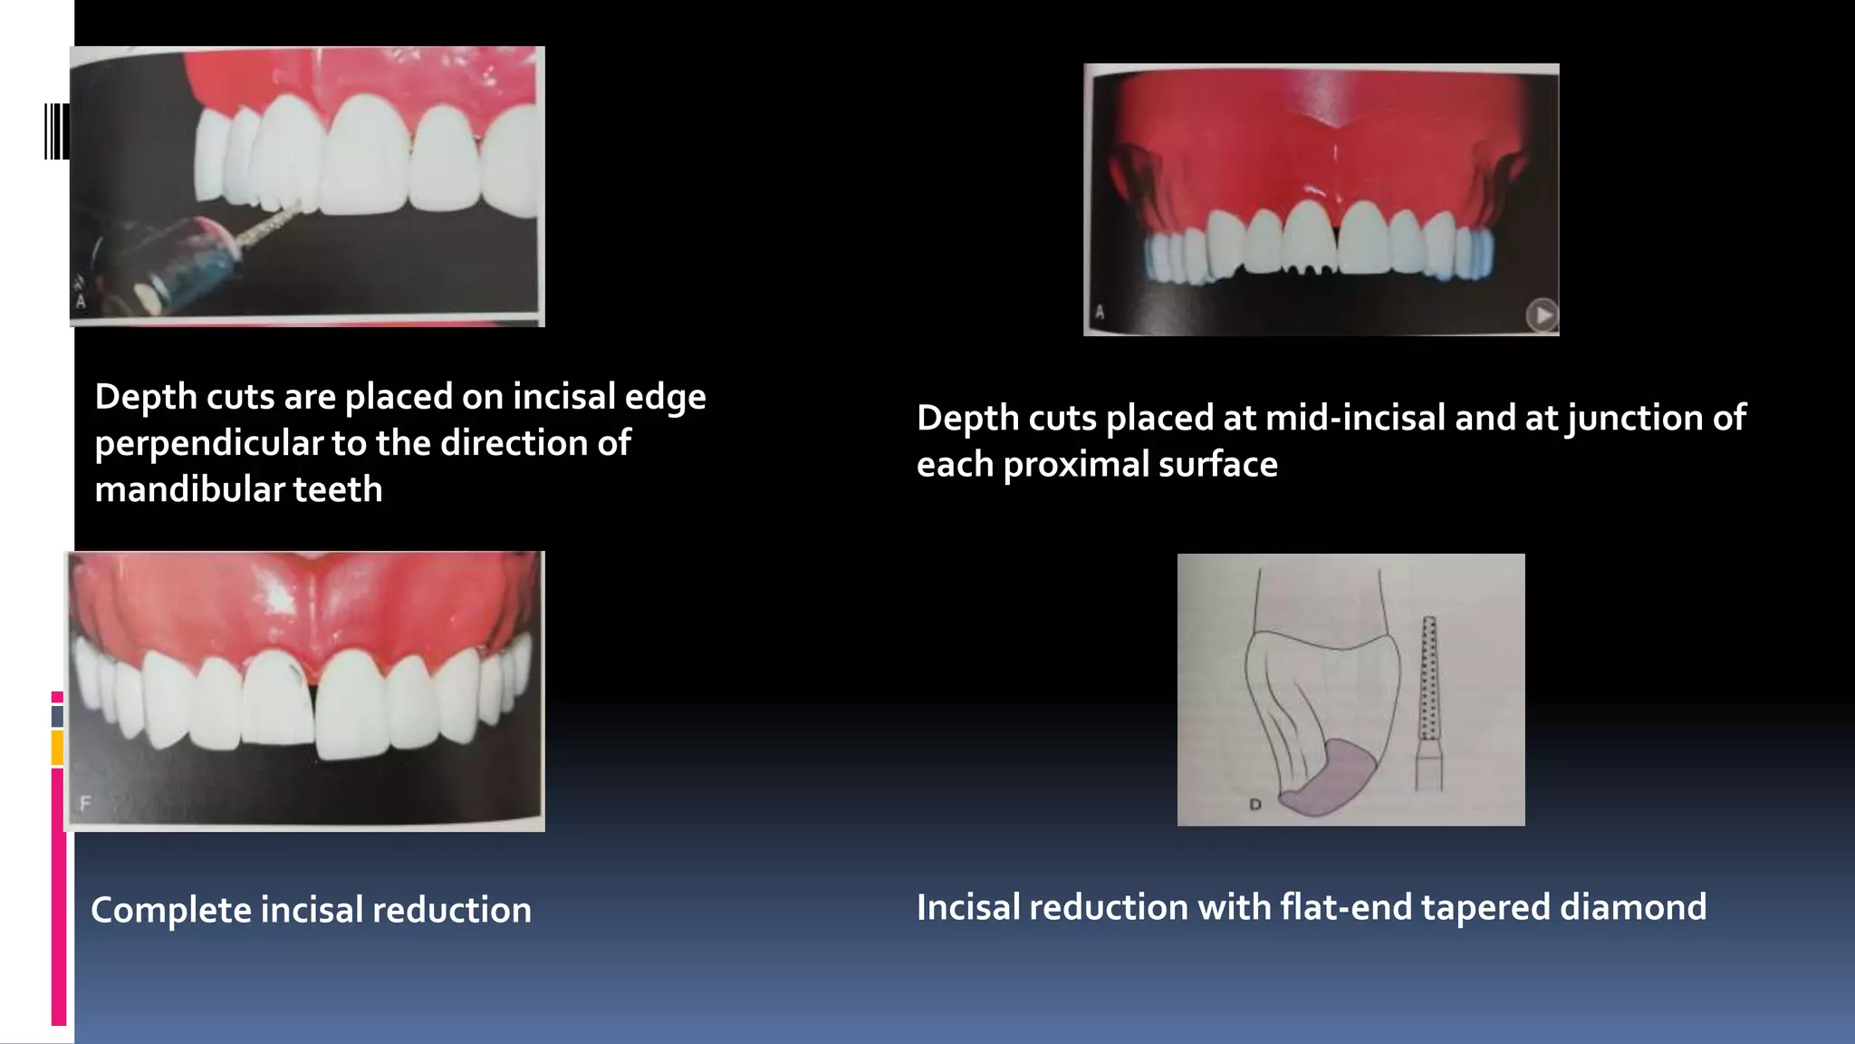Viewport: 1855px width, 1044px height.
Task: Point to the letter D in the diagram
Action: (x=1255, y=804)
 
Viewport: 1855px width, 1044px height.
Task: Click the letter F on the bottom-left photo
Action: (x=86, y=803)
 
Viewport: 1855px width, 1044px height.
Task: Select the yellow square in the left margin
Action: (x=57, y=748)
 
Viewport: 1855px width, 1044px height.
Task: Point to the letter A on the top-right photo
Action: (x=1101, y=313)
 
